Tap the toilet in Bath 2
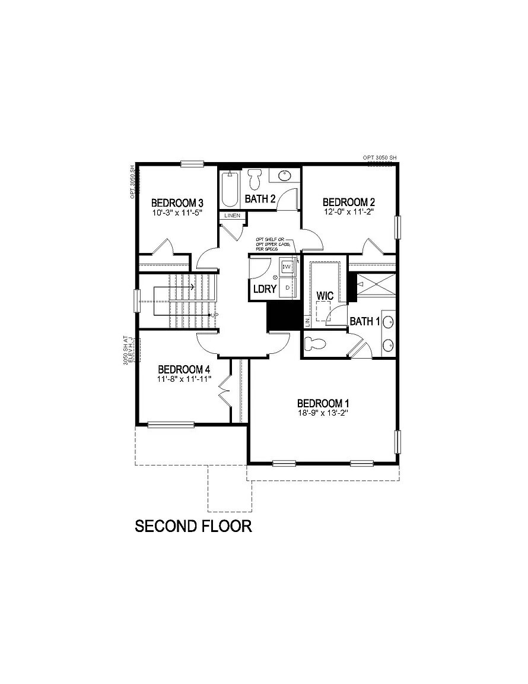(255, 177)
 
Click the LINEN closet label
(232, 216)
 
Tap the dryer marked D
(287, 287)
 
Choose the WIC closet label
(325, 295)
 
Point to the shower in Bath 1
(376, 283)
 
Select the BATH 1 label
(364, 322)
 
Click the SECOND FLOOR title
(193, 526)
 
